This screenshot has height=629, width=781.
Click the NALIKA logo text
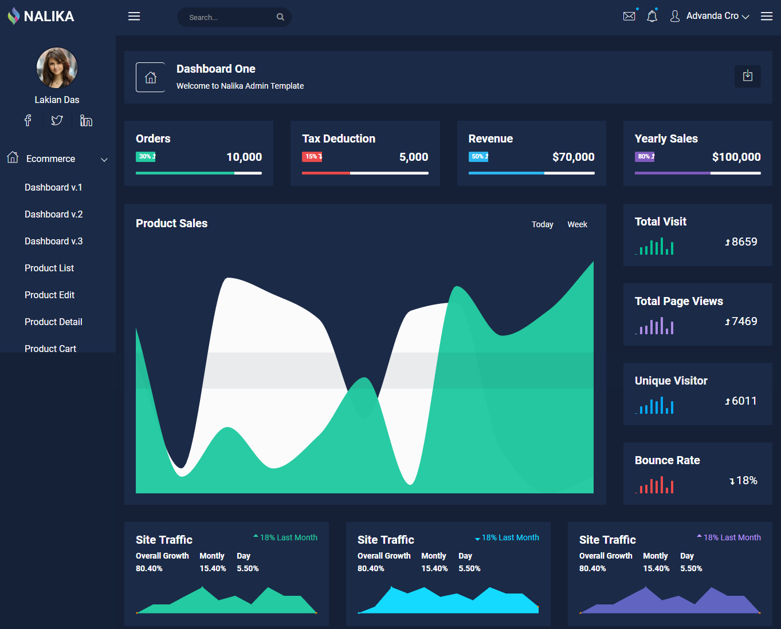point(49,17)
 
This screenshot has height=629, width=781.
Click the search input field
point(229,17)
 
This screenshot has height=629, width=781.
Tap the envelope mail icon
point(629,16)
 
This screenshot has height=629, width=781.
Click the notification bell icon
point(652,16)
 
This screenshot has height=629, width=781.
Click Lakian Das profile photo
point(57,68)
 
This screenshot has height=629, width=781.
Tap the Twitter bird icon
point(57,120)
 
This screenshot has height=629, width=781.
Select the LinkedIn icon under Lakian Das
point(86,120)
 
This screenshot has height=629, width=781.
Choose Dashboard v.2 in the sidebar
point(54,214)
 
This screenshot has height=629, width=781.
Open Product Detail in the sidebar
point(53,322)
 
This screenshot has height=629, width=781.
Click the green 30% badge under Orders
point(146,156)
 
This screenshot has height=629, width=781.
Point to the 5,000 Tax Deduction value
point(414,157)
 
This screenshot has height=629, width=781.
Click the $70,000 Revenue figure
point(573,157)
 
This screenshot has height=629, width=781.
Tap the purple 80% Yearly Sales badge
point(645,156)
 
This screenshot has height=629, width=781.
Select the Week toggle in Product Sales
point(577,224)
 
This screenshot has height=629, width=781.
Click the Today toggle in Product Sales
point(542,224)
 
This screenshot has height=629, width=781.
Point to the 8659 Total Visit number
point(744,242)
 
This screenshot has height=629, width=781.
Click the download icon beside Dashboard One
point(748,76)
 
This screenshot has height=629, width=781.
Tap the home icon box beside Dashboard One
point(150,77)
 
